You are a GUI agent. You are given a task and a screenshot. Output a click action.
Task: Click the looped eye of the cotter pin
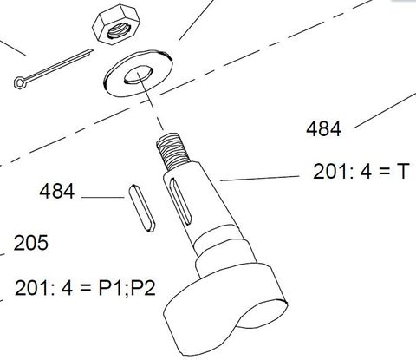click(19, 82)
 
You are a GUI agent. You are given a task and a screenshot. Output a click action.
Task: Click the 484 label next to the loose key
click(57, 191)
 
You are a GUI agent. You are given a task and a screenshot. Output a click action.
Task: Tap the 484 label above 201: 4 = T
click(324, 129)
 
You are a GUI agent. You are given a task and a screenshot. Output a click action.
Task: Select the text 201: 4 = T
click(360, 173)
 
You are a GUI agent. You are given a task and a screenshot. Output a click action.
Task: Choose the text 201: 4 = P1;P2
click(85, 288)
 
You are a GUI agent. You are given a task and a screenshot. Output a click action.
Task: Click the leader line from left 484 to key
click(104, 199)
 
